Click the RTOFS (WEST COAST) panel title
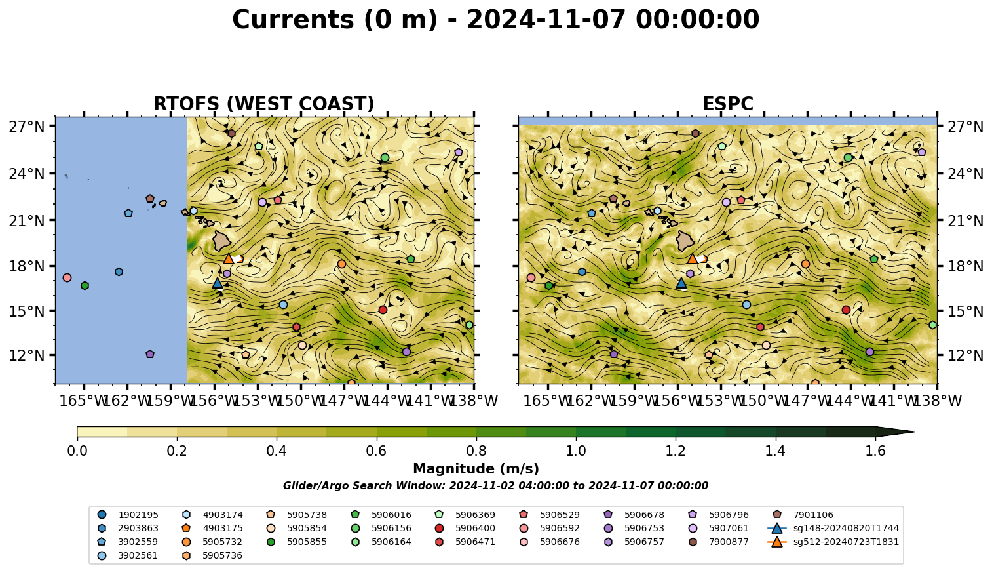[264, 104]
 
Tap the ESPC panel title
[727, 104]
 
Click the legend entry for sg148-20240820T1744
[833, 528]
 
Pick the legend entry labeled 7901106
[804, 515]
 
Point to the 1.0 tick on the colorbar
[576, 439]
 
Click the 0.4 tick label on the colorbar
[277, 451]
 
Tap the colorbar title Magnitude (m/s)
[476, 469]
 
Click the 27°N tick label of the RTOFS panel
[27, 127]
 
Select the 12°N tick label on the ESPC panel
[965, 355]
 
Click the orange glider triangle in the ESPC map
[692, 259]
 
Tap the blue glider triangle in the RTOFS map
[218, 283]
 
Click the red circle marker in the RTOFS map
[383, 310]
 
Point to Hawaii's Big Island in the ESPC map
[685, 241]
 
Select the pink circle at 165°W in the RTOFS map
[67, 277]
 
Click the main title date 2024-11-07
[546, 20]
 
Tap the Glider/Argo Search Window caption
[495, 486]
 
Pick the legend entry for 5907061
[719, 528]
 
